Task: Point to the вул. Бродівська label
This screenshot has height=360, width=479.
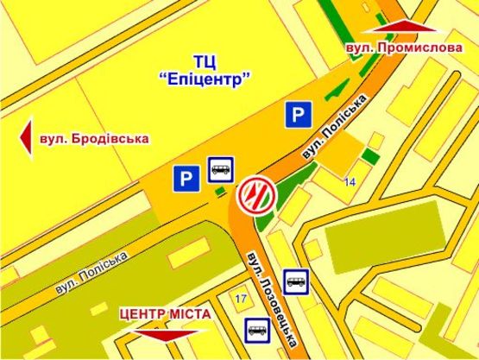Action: (x=94, y=138)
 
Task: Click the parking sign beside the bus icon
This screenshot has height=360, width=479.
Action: (x=185, y=178)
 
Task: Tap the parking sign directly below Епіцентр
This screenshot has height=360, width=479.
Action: (x=298, y=115)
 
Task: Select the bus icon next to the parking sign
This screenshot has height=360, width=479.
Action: (x=219, y=168)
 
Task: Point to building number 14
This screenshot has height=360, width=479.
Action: (x=349, y=182)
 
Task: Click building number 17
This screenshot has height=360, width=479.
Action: (x=241, y=298)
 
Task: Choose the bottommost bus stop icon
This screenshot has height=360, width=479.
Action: (x=256, y=329)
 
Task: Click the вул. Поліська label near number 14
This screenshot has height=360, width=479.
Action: (x=331, y=129)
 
